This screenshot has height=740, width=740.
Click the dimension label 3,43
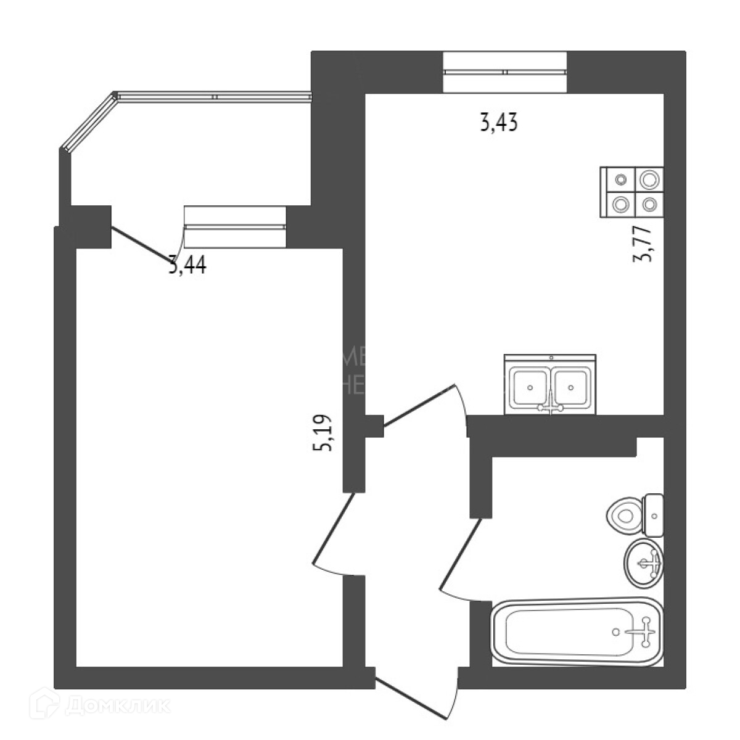[x=498, y=123]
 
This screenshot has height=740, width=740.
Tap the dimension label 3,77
[x=644, y=244]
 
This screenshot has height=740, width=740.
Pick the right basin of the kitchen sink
[x=572, y=387]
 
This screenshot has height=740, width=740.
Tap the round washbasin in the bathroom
[x=643, y=562]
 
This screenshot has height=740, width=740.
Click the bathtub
[x=577, y=632]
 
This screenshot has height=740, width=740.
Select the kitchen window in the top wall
[x=504, y=72]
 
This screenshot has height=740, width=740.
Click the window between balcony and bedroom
[x=235, y=226]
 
